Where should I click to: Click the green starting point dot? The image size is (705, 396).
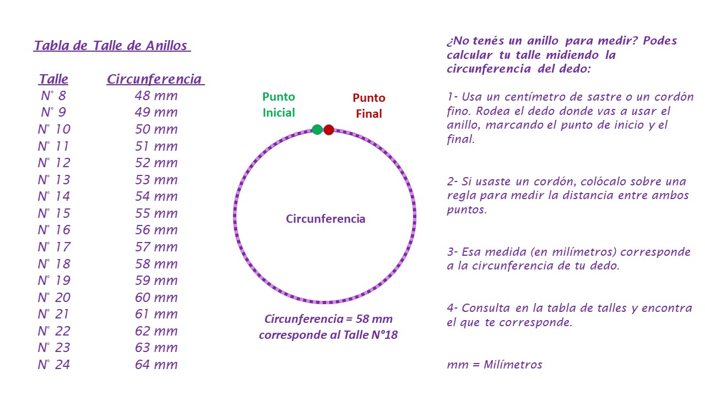pyautogui.click(x=317, y=129)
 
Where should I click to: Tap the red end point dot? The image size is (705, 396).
pyautogui.click(x=329, y=129)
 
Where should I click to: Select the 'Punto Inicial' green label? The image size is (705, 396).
pyautogui.click(x=279, y=105)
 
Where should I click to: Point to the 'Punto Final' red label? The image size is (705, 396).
pyautogui.click(x=369, y=106)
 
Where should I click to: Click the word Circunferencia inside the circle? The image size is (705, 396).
pyautogui.click(x=326, y=219)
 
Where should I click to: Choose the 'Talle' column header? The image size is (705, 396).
pyautogui.click(x=53, y=79)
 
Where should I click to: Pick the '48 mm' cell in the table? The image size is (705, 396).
pyautogui.click(x=156, y=96)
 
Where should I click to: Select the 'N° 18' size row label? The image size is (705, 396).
pyautogui.click(x=54, y=263)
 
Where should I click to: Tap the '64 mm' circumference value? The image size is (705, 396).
pyautogui.click(x=156, y=365)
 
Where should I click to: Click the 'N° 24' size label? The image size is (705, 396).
pyautogui.click(x=53, y=365)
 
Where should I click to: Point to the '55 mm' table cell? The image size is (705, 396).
pyautogui.click(x=156, y=213)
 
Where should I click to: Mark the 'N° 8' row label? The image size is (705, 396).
pyautogui.click(x=53, y=96)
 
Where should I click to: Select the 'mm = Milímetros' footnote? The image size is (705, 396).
pyautogui.click(x=495, y=365)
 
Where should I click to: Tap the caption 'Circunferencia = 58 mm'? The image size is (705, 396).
pyautogui.click(x=328, y=319)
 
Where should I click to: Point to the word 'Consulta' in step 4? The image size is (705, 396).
pyautogui.click(x=486, y=308)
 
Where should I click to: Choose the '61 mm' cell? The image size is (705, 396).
pyautogui.click(x=156, y=314)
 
